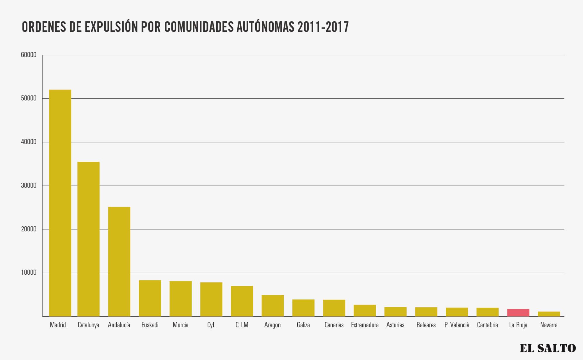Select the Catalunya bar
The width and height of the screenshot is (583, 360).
pos(88,239)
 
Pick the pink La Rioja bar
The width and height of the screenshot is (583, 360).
pos(518,313)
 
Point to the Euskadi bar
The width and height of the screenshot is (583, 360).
pos(150,298)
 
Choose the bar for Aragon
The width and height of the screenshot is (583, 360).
pos(273,306)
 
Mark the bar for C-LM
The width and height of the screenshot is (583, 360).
pos(242,301)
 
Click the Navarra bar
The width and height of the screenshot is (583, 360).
pos(549,314)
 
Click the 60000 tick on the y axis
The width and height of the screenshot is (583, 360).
pos(29,55)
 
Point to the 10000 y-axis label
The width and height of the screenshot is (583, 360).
pos(29,273)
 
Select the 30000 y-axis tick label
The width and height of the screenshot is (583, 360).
pos(29,186)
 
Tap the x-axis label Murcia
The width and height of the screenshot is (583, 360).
pos(180,325)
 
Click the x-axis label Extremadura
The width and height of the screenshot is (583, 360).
pos(365,325)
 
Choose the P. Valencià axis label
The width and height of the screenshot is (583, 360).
pos(457,325)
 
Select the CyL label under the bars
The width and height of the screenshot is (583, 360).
pos(211,325)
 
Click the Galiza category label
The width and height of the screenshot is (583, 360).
pos(303,325)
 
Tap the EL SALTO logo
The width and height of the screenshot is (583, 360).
pos(548,348)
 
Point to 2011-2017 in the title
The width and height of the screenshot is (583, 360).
pos(323,27)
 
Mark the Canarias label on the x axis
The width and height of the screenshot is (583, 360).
pos(334,325)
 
